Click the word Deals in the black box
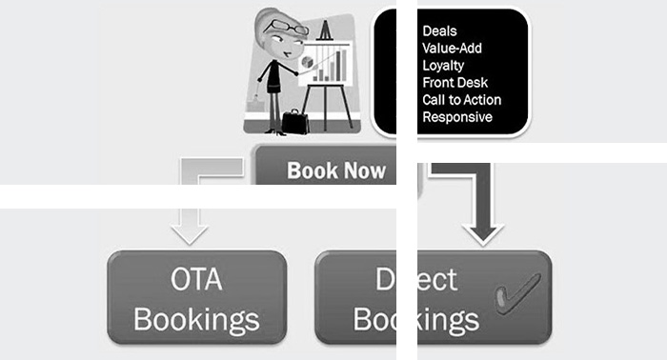click(x=439, y=31)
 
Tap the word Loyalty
click(x=443, y=66)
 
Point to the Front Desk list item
click(x=455, y=83)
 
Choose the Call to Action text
click(x=461, y=100)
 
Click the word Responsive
click(x=457, y=117)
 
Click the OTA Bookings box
click(x=197, y=297)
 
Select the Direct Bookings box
click(x=434, y=297)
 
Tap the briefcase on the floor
click(x=295, y=121)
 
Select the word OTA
click(x=196, y=279)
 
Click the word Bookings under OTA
click(x=196, y=318)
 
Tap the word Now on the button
click(x=365, y=171)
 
